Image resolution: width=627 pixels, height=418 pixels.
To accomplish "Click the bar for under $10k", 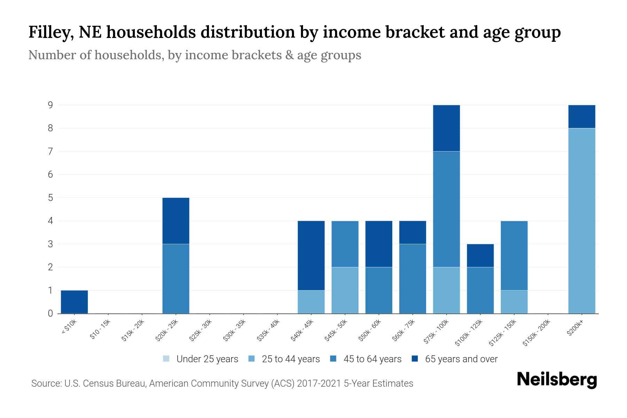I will pos(74,302).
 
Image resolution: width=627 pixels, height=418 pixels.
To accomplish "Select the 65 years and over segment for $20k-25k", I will pos(176,220).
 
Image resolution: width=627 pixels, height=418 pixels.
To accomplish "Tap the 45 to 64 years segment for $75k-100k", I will pos(446,209).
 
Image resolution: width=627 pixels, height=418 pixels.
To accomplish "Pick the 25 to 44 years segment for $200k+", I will pos(581,220).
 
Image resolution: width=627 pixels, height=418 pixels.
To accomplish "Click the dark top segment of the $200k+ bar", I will pos(581,116).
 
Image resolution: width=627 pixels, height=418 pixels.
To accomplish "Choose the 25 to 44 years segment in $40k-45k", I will pos(311,302).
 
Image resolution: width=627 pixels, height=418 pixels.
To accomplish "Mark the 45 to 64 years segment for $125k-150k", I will pos(514,255).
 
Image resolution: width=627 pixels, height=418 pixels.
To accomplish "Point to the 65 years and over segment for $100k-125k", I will pos(480,255).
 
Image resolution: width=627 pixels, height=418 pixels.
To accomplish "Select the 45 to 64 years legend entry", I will pos(366,359).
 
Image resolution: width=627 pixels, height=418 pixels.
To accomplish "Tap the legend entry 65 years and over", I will pos(455,359).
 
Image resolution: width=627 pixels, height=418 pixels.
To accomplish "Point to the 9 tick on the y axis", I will pos(51,105).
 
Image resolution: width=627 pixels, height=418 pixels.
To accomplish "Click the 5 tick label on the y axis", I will pos(51,198).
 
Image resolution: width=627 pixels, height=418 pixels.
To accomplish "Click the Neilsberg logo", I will pos(557,380).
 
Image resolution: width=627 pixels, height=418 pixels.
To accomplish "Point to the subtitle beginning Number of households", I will pos(194,55).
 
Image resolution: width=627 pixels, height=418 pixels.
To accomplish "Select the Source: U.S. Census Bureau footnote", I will pos(222,384).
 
